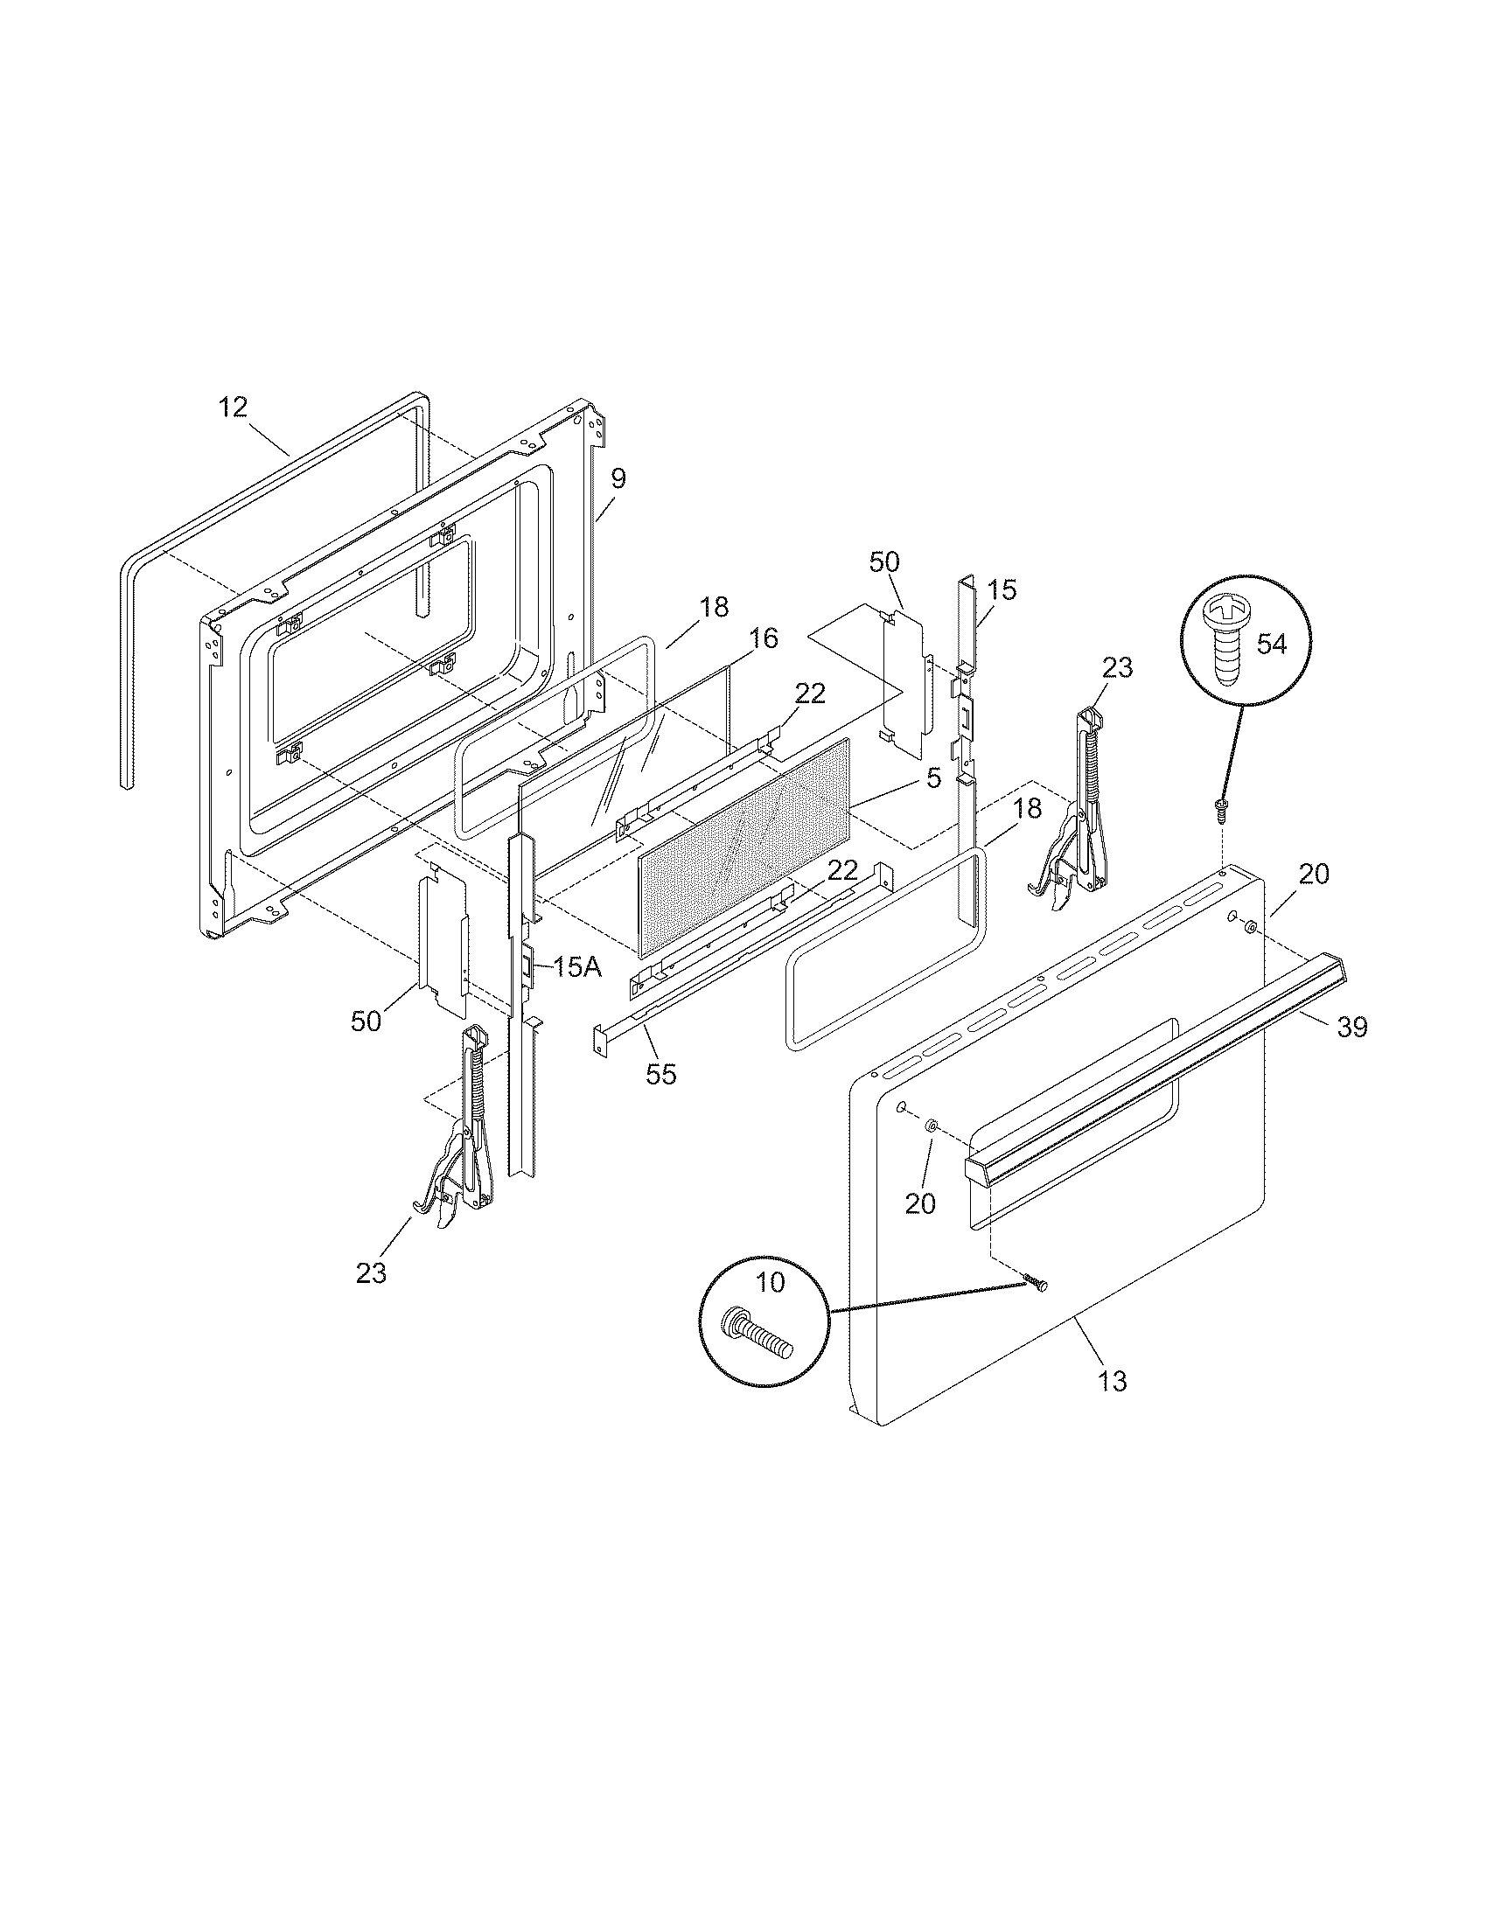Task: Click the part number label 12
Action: tap(234, 408)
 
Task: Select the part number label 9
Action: tap(618, 478)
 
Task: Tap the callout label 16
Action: tap(764, 638)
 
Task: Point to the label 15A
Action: tap(577, 968)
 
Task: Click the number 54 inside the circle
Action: tap(1271, 644)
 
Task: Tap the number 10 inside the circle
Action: tap(770, 1283)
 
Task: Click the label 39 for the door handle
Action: tap(1351, 1028)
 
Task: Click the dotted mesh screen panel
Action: tap(744, 846)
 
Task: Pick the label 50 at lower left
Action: tap(366, 1021)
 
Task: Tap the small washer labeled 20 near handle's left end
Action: tap(932, 1126)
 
